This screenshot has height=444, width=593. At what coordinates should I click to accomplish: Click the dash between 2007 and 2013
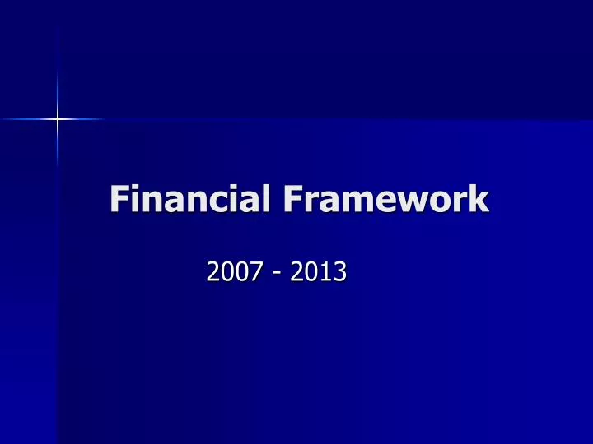point(276,272)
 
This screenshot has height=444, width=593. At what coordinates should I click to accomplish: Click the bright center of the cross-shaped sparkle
point(58,120)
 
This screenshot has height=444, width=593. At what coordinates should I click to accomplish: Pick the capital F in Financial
point(120,200)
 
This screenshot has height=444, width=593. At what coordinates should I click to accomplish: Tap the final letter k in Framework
point(479,200)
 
